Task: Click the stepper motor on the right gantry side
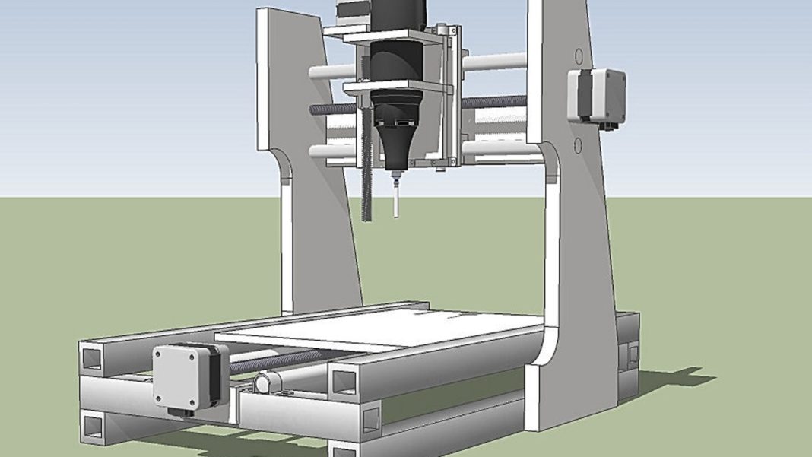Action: tap(598, 95)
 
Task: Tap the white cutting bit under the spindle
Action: tap(395, 199)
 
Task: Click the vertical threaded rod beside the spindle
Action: tap(369, 182)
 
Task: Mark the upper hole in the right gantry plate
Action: tap(578, 56)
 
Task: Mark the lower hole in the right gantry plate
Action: tap(578, 144)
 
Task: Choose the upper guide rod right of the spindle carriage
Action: tap(494, 62)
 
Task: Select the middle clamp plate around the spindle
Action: tap(395, 87)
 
